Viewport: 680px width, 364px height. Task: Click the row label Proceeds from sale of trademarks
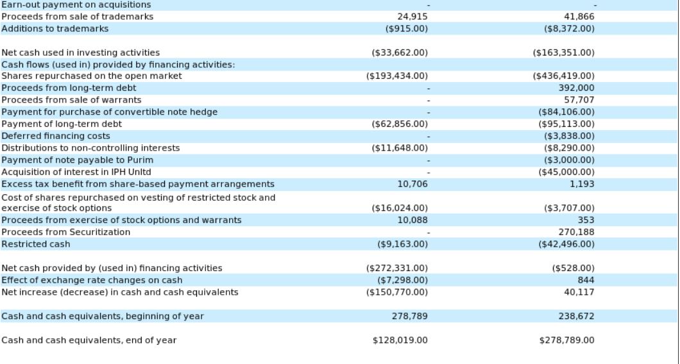tap(78, 17)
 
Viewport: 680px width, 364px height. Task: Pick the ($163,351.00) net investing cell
tap(563, 53)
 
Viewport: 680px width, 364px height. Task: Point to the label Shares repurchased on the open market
tap(92, 76)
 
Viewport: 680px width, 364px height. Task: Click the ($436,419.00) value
tap(563, 76)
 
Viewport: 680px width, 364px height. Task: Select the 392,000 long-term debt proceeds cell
tap(576, 88)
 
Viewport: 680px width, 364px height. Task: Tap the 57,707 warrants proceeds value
tap(579, 100)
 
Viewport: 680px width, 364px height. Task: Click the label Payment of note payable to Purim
tap(78, 160)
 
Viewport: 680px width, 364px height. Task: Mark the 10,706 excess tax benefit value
tap(412, 184)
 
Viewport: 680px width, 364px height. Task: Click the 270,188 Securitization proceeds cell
tap(576, 232)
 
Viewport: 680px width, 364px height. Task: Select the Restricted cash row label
tap(36, 244)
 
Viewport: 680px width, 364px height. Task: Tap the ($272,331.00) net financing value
tap(400, 268)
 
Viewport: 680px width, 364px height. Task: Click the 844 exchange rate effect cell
tap(586, 280)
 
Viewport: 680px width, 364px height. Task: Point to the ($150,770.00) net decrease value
tap(400, 292)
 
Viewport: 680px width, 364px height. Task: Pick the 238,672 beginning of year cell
tap(576, 317)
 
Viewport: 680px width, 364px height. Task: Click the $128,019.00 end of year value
tap(400, 340)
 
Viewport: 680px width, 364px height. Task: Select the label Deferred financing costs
tap(56, 136)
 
